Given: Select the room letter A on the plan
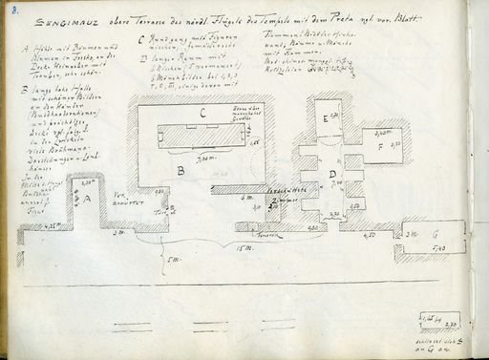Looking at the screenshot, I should (x=88, y=199).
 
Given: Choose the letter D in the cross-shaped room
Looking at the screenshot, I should (x=331, y=174).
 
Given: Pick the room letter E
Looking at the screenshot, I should (x=325, y=118).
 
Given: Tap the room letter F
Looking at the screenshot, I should (x=380, y=148).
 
